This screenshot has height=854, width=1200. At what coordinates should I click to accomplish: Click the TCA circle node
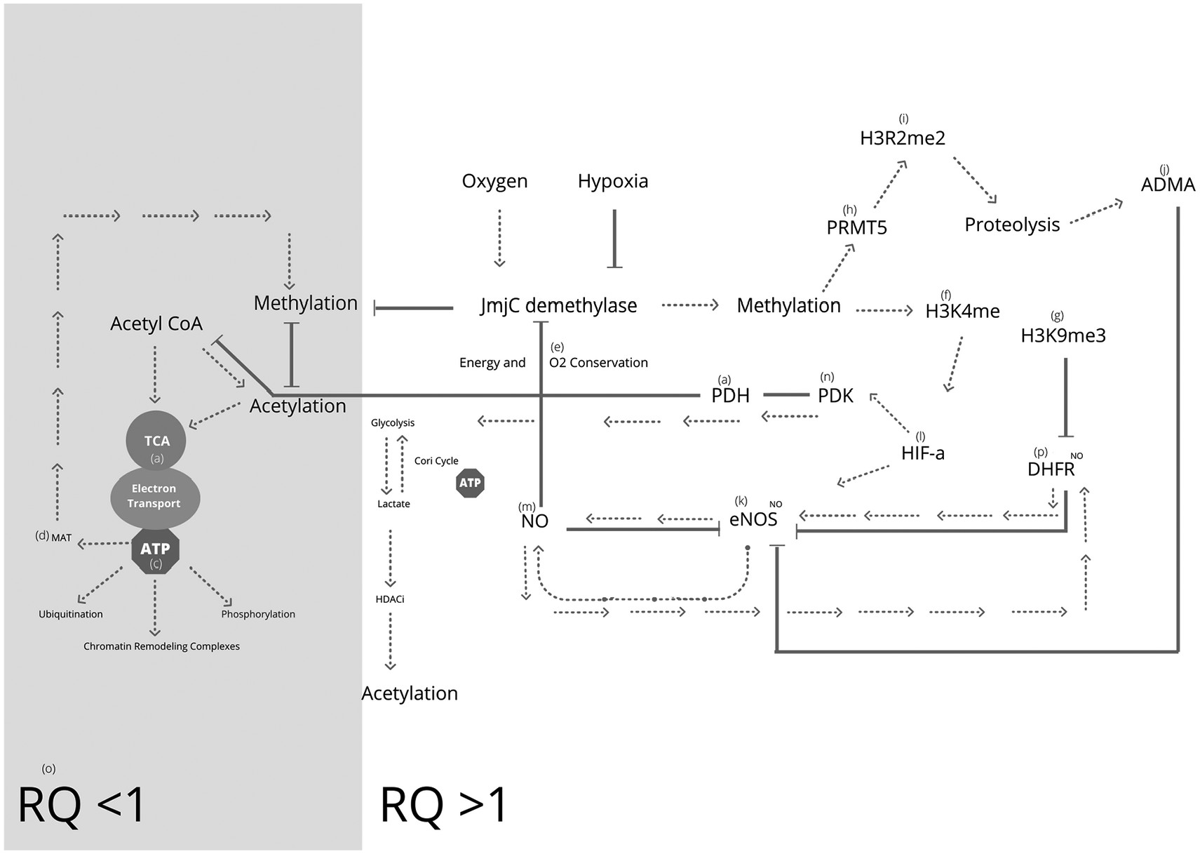coord(156,441)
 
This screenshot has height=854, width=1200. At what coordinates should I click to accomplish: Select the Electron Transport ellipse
coord(154,496)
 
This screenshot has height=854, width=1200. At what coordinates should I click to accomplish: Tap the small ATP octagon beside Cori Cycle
coord(470,483)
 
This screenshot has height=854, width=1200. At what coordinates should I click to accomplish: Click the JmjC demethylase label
coord(558,305)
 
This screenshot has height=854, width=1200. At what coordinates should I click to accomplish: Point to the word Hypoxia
coord(612,181)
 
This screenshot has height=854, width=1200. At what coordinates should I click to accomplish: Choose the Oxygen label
coord(494,181)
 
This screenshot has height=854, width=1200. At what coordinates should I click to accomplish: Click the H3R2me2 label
coord(902,138)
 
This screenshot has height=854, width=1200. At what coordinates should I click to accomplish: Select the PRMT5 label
coord(856,227)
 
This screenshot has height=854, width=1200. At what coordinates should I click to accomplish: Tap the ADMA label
coord(1168,185)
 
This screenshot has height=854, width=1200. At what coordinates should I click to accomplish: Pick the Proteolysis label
coord(1011,225)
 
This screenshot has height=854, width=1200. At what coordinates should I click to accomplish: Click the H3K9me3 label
coord(1063,335)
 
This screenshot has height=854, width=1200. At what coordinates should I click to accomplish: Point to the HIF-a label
coord(922,453)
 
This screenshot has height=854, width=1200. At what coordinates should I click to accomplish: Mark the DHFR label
coord(1051,469)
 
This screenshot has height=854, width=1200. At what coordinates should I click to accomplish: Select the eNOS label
coord(753,519)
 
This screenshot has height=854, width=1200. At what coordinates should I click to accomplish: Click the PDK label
coord(835,396)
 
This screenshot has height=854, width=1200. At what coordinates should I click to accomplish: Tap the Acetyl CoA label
coord(156,323)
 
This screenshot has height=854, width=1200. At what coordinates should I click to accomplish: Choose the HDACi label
coord(390,599)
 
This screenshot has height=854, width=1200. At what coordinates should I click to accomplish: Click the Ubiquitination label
coord(70,614)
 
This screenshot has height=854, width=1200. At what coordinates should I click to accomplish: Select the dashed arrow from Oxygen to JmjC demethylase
coord(499,238)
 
